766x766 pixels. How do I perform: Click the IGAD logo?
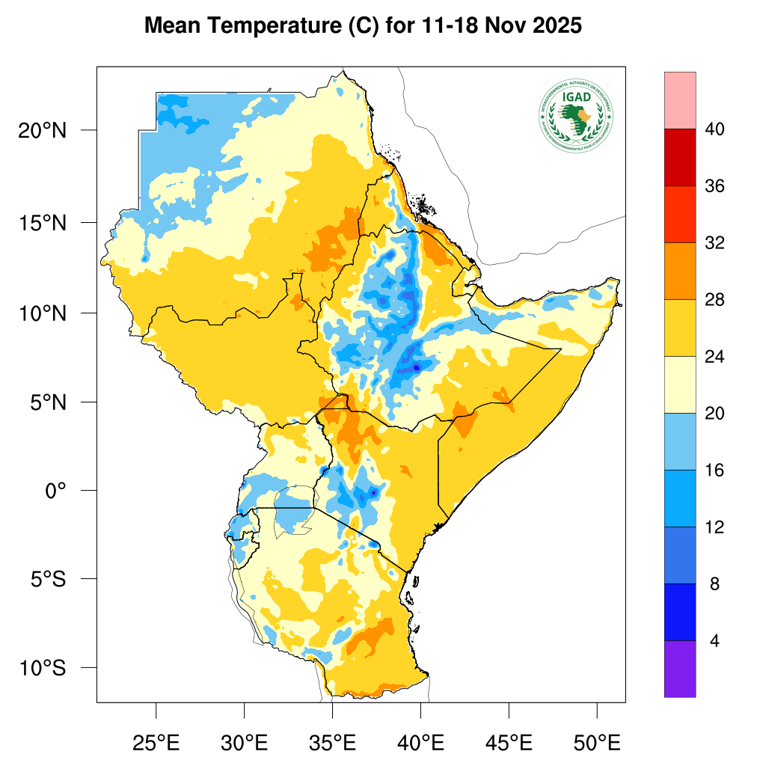coord(575,114)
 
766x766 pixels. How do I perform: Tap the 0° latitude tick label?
coord(56,491)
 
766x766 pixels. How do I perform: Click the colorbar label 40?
coord(714,130)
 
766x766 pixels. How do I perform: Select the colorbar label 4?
coord(714,642)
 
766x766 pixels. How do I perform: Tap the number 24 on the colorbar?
coord(714,358)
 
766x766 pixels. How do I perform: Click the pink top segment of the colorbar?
coord(679,100)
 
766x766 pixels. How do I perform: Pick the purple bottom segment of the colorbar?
coord(679,669)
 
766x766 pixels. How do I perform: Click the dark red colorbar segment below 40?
coord(679,157)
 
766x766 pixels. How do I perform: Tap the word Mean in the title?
coord(174,26)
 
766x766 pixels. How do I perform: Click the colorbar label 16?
coord(714,471)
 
